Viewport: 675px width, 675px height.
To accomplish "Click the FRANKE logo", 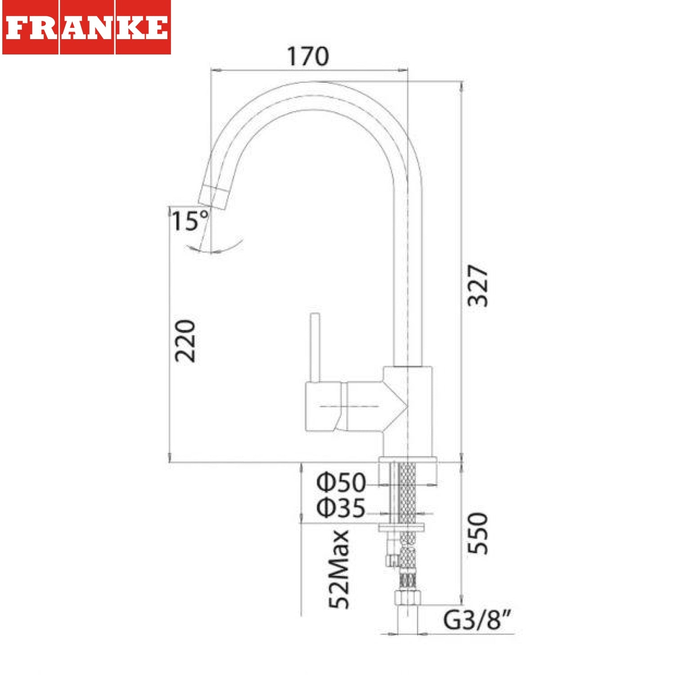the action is (86, 27).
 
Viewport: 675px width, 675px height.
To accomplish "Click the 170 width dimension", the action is (308, 56).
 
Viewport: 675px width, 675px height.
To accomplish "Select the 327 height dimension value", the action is (477, 286).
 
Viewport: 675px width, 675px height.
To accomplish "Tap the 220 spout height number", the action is (185, 341).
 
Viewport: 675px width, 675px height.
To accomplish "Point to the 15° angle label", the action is (190, 220).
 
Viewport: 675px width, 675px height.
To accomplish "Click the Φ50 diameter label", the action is (341, 482).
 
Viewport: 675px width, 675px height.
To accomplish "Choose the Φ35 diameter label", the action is (341, 508).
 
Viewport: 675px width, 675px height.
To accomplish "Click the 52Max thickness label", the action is (339, 569).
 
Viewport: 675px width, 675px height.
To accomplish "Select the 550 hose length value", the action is (477, 533).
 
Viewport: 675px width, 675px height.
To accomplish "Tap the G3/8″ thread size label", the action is (477, 620).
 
